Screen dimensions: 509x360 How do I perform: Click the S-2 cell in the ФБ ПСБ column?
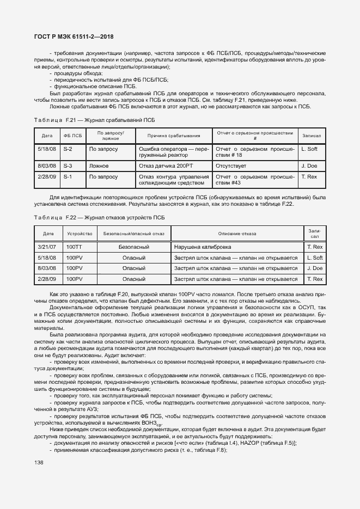pyautogui.click(x=68, y=149)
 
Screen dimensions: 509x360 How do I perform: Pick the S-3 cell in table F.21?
pyautogui.click(x=68, y=165)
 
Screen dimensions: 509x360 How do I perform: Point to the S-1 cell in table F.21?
pyautogui.click(x=68, y=177)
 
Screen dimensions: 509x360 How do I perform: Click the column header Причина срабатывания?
pyautogui.click(x=173, y=136)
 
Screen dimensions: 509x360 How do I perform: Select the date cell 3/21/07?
pyautogui.click(x=48, y=247)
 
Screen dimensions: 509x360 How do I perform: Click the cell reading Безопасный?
pyautogui.click(x=133, y=247)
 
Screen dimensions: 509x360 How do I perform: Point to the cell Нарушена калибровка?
pyautogui.click(x=202, y=247)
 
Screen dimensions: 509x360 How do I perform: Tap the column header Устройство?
pyautogui.click(x=80, y=234)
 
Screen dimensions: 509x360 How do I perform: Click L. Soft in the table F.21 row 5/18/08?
pyautogui.click(x=312, y=149)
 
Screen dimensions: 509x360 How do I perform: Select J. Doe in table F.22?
pyautogui.click(x=315, y=268)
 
